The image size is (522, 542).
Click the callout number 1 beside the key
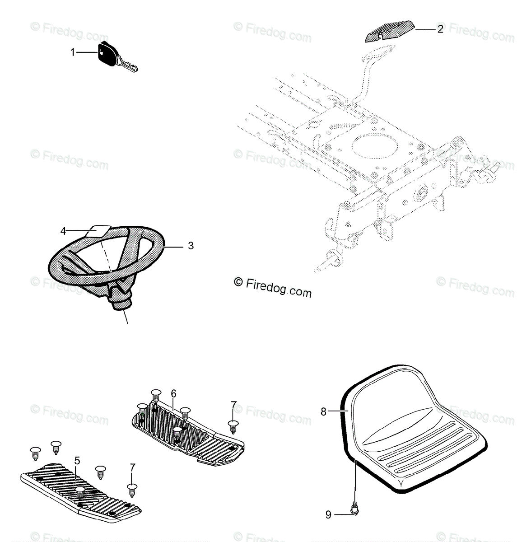(72, 53)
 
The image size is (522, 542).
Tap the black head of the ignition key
(107, 53)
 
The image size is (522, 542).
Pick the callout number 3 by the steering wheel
(191, 246)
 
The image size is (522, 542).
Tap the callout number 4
(63, 231)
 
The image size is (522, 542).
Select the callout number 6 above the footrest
(173, 394)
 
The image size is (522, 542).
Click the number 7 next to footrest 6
(233, 405)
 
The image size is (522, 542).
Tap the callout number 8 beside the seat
(323, 412)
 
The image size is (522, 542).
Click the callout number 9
(328, 514)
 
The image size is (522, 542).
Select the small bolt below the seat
(355, 510)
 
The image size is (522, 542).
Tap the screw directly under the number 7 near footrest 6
(233, 426)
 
